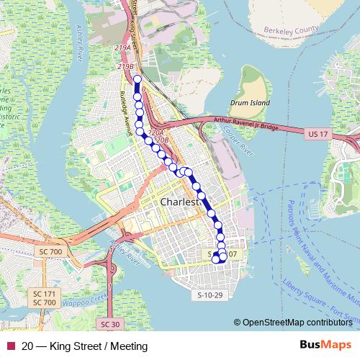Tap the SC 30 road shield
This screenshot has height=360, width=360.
[109, 324]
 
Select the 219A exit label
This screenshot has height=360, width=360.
[125, 48]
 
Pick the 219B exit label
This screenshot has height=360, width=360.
[125, 66]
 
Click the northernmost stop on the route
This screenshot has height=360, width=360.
[138, 78]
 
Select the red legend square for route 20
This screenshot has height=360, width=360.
[9, 346]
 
